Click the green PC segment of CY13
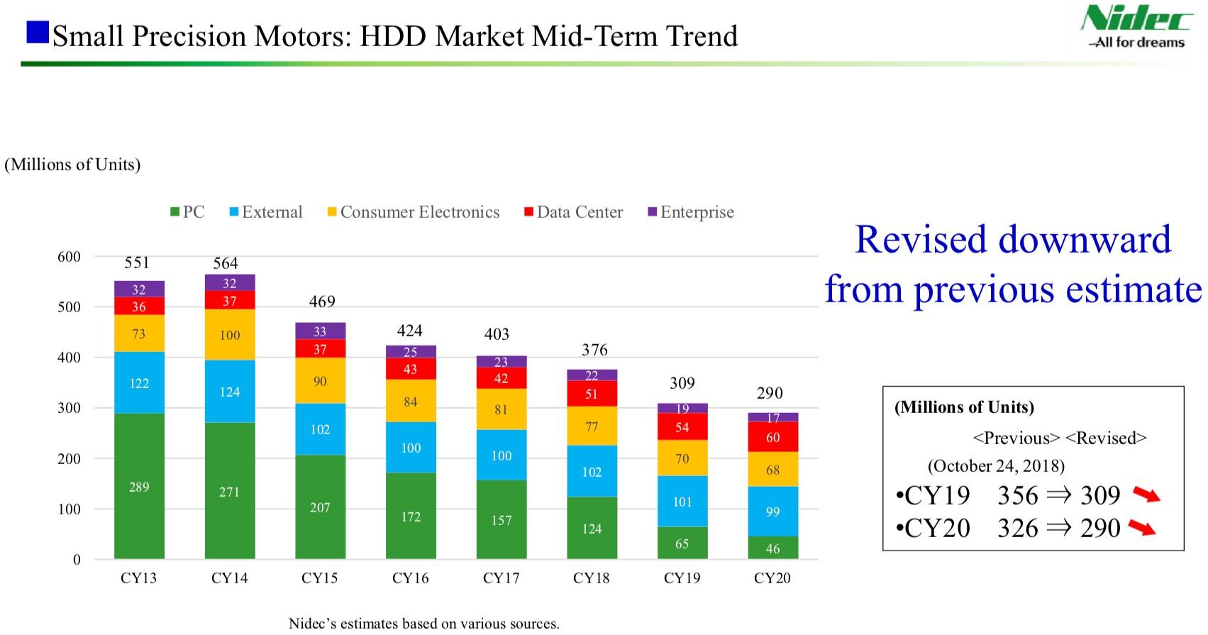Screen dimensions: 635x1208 point(139,486)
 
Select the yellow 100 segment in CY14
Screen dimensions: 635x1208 point(229,334)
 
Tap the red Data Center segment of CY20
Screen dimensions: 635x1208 point(772,436)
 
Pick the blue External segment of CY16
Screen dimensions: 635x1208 point(411,448)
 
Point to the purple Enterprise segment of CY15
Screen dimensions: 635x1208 point(320,331)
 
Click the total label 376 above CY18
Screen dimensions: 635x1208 point(594,350)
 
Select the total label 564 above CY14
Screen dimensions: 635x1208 point(226,263)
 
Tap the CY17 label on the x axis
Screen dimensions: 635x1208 point(501,578)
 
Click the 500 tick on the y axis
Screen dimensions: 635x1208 point(69,307)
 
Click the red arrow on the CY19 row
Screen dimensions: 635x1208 point(1146,495)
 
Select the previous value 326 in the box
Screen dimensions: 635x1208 point(1017,528)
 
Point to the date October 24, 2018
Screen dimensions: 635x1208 point(996,466)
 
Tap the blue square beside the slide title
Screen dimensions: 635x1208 point(38,33)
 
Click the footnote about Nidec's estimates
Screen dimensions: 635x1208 point(423,624)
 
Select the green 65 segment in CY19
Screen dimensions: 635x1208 point(682,543)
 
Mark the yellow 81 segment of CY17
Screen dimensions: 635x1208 point(501,409)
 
